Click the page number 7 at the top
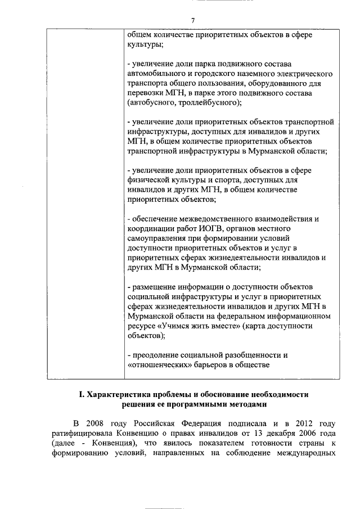[192, 21]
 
